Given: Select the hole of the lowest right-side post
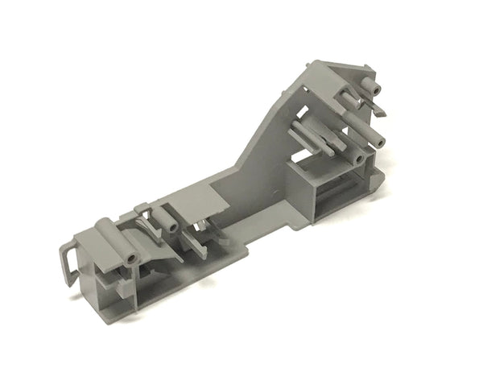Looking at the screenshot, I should tap(357, 158).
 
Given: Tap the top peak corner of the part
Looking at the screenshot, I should tap(316, 62).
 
